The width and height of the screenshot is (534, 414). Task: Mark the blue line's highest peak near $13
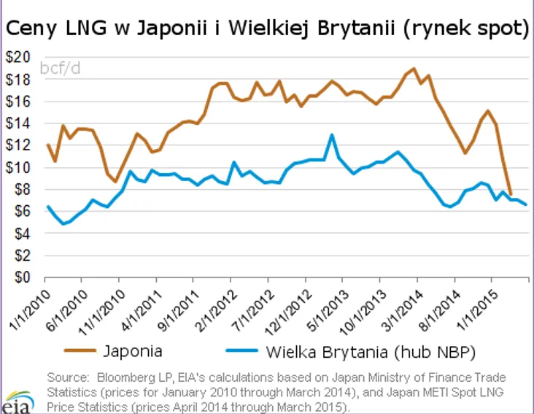332,134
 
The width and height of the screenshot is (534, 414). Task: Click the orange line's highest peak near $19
414,69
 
